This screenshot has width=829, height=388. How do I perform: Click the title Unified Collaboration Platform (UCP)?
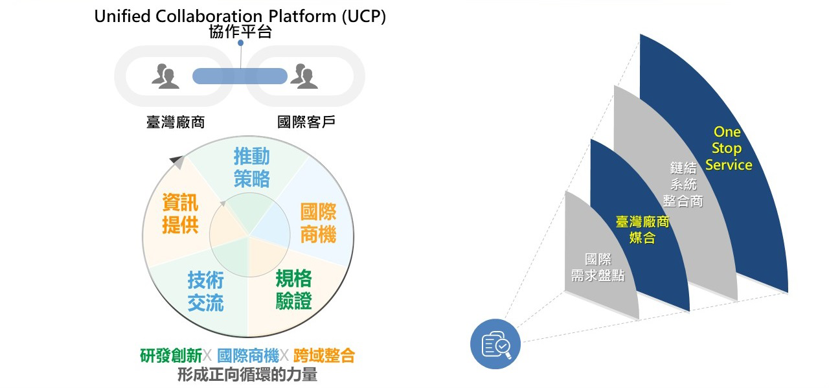coord(240,16)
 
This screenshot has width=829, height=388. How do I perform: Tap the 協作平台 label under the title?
coord(240,32)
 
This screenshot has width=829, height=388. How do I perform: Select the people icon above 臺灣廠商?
coord(166,76)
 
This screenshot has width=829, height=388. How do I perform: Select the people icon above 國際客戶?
coord(304,76)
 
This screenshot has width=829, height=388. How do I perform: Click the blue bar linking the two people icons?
coord(240,76)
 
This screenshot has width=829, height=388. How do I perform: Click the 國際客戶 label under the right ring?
coord(306,122)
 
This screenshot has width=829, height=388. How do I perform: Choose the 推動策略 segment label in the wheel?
coord(252,167)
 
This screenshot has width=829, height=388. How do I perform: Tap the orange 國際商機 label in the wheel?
coord(318,223)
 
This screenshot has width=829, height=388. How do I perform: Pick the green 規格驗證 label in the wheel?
coord(293,290)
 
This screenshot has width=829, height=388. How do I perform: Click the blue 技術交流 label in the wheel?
coord(206,291)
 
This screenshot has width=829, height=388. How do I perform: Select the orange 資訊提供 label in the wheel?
coord(180,214)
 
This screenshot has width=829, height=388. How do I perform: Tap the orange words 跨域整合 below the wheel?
coord(324,356)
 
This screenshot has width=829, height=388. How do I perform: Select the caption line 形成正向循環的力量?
coord(247,374)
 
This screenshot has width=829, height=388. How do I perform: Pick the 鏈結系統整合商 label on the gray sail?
coord(683,185)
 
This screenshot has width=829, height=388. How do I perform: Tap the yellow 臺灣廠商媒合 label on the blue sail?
coord(642,230)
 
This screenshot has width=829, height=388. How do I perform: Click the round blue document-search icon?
coord(495,345)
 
